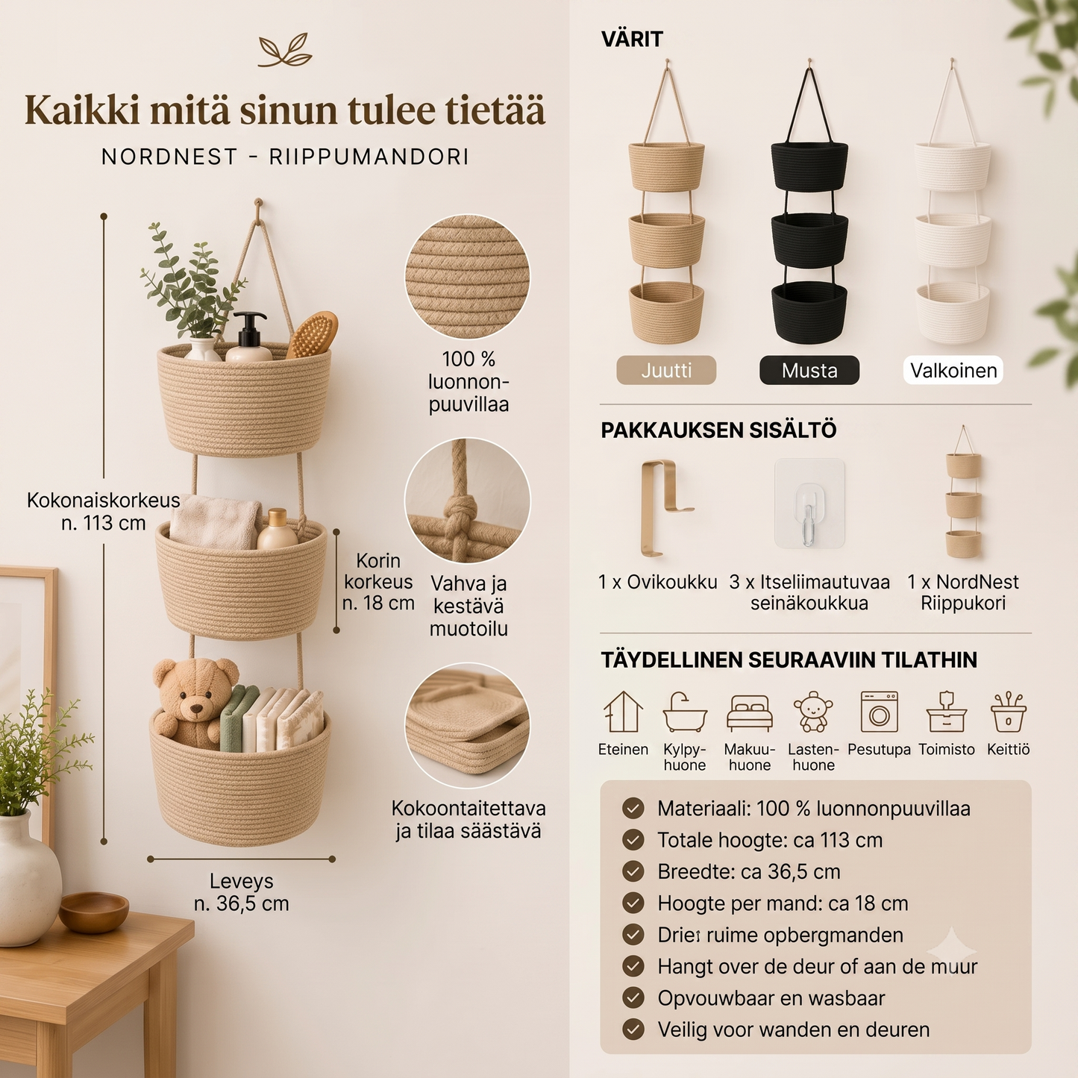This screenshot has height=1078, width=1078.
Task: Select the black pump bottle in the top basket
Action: pos(249,336)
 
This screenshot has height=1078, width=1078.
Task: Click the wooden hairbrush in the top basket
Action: pos(312,334)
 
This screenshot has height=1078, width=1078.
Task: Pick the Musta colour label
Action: pos(809,370)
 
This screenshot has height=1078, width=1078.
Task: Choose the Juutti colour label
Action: pos(666,370)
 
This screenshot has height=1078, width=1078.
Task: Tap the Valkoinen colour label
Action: pos(953,370)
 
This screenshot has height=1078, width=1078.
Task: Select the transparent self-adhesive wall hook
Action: pos(809,503)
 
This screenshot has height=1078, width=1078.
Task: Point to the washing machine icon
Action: pos(880,712)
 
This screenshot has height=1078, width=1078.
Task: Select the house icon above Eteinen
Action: pos(623,712)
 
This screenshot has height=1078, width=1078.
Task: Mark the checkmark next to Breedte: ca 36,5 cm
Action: pos(633,871)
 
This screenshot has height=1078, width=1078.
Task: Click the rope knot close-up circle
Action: pos(467,501)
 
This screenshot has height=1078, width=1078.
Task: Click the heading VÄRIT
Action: pos(632,39)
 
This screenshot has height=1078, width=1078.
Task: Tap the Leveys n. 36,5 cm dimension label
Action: pos(242,891)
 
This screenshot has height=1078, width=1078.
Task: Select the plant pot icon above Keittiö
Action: pos(1008,712)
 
